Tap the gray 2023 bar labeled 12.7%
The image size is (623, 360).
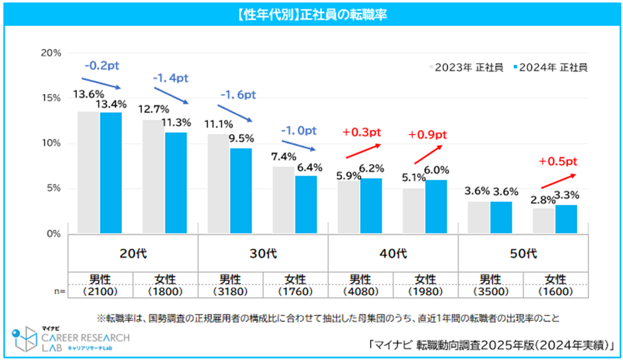pyautogui.click(x=153, y=176)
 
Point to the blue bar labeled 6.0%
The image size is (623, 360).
pyautogui.click(x=436, y=207)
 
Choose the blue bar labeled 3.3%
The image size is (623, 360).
pyautogui.click(x=566, y=219)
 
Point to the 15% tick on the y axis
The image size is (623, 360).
pyautogui.click(x=51, y=98)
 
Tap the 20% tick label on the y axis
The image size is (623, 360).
pyautogui.click(x=51, y=52)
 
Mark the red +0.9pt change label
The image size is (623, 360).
pyautogui.click(x=427, y=134)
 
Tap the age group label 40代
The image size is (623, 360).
pyautogui.click(x=394, y=253)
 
